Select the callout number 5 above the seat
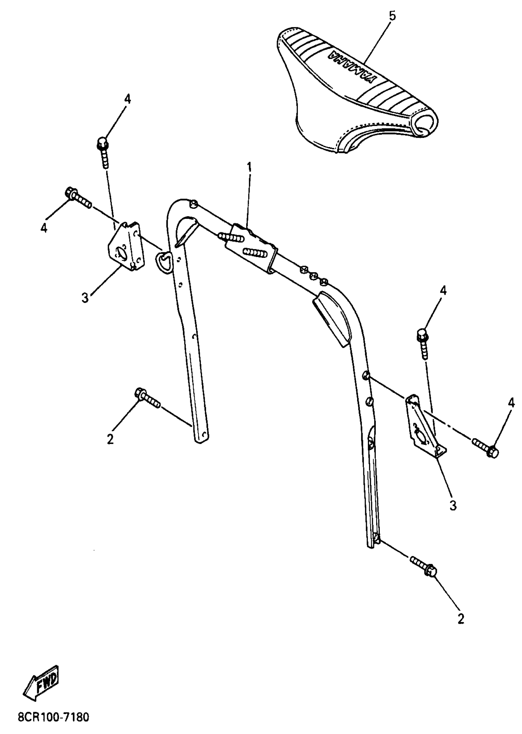click(x=392, y=16)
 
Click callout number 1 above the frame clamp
click(x=249, y=167)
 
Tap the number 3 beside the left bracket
click(x=85, y=298)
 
